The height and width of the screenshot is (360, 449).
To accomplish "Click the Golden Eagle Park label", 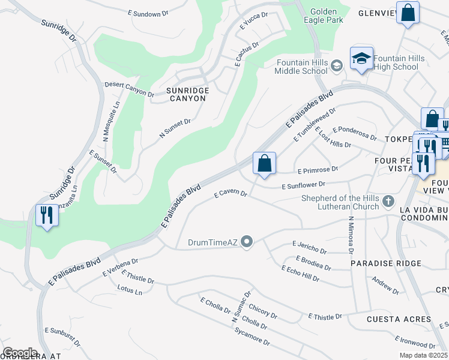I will point(327,15).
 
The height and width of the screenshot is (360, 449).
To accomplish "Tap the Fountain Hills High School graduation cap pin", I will point(361,59).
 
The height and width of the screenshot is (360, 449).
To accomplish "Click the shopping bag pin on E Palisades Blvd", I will point(264,163).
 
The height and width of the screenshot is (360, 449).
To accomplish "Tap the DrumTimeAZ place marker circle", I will point(247,242).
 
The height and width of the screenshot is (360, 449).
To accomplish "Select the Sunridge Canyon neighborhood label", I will point(188,94).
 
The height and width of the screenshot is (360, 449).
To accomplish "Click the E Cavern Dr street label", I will point(231,194).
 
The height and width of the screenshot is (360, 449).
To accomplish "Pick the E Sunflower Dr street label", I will point(304,186).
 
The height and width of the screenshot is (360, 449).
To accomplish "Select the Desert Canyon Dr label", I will point(130,89).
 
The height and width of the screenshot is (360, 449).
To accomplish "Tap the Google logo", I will point(20,353).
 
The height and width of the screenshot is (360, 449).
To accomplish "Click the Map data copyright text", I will point(423,355).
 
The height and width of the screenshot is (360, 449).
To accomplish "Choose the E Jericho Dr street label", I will point(309,247).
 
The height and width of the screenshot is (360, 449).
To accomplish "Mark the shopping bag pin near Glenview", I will point(408,14).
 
